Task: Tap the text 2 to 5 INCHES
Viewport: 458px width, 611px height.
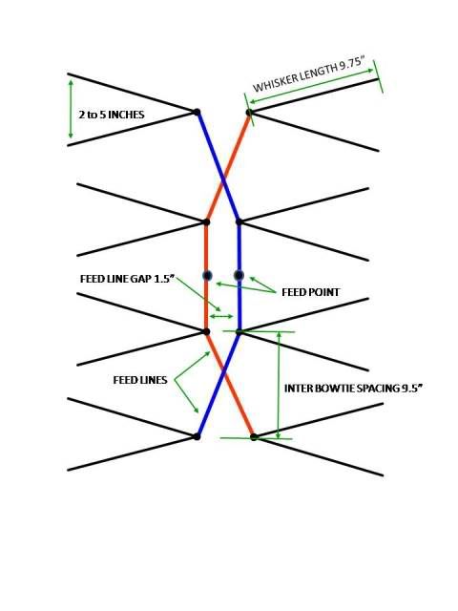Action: [112, 115]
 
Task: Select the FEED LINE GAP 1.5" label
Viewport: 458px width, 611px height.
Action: [127, 279]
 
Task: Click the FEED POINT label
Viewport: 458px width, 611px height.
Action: [310, 292]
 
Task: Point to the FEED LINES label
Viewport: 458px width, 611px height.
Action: [140, 380]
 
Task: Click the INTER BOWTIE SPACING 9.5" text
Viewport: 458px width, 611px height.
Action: [353, 389]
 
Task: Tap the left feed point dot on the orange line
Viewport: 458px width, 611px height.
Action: [208, 276]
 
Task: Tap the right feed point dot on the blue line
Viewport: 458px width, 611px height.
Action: [239, 276]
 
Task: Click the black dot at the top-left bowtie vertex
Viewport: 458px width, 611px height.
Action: [198, 113]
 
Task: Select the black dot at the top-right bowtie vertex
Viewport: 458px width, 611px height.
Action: [249, 113]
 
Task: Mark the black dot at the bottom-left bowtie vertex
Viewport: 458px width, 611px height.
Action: [198, 437]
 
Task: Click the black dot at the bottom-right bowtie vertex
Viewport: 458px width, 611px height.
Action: [254, 437]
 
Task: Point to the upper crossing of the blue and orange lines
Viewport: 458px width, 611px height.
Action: [223, 180]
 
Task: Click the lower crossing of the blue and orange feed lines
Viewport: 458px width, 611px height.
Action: [224, 374]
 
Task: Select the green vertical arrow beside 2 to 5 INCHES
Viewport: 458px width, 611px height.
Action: [71, 109]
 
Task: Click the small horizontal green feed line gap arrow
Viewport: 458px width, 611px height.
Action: [221, 316]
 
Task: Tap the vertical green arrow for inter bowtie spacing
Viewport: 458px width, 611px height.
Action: [279, 385]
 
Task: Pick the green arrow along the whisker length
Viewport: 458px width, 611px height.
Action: [312, 86]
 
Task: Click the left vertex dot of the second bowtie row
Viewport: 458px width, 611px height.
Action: [206, 222]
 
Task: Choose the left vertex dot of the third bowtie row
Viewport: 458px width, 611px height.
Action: [207, 331]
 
